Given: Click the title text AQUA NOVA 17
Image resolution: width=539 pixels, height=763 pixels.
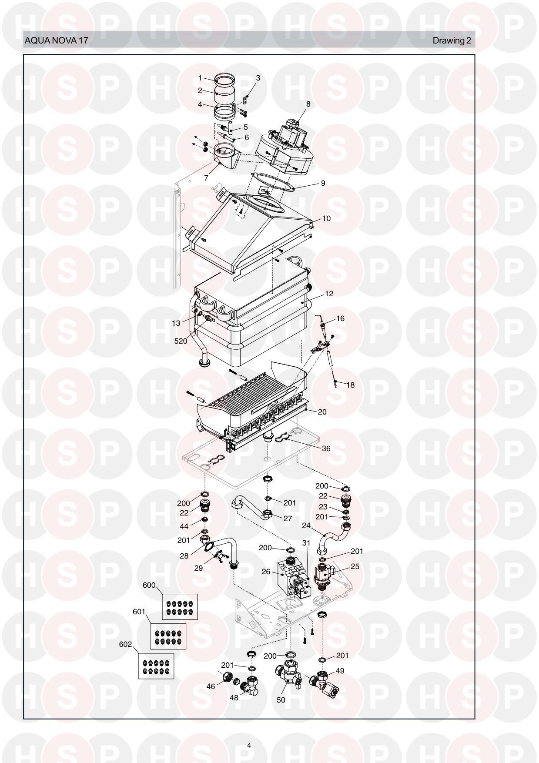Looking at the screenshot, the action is (57, 41).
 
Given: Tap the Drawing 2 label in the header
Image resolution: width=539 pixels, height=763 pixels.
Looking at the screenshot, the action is (452, 41).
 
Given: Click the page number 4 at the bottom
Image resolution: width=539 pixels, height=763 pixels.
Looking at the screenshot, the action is (249, 745).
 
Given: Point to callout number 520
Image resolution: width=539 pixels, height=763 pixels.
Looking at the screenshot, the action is (181, 341).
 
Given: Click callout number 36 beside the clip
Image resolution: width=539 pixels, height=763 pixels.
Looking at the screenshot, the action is (326, 448).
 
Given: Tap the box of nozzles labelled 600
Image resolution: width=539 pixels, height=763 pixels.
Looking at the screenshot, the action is (180, 606).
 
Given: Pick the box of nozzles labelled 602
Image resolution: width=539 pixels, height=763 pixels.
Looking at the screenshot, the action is (156, 666).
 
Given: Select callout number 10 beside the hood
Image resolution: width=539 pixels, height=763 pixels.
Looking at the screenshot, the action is (326, 218).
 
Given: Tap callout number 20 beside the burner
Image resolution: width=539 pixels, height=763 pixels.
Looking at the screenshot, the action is (322, 412).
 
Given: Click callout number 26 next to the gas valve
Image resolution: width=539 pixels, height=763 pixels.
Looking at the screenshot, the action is (266, 572).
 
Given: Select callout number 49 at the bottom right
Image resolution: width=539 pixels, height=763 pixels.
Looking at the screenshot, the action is (340, 671).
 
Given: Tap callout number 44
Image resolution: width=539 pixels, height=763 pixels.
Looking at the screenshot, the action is (184, 526).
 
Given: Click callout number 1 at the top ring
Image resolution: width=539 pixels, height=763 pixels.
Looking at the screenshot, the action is (200, 78).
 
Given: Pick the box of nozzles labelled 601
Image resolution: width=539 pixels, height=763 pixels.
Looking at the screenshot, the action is (168, 636).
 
